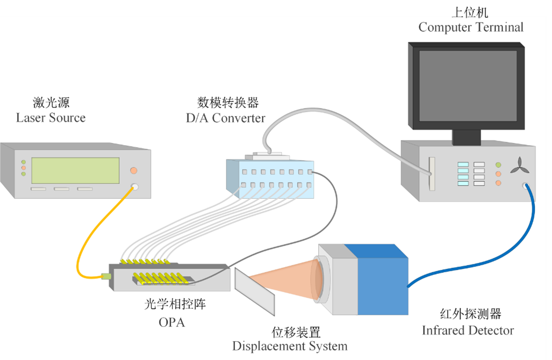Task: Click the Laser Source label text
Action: click(x=51, y=118)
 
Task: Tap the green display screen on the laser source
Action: click(x=75, y=171)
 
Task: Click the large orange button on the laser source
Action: click(x=133, y=170)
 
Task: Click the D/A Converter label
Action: click(x=226, y=118)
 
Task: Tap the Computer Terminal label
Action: click(x=471, y=27)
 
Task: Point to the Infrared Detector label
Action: click(x=468, y=330)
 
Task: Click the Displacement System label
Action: click(x=290, y=346)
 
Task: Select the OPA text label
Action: click(x=171, y=322)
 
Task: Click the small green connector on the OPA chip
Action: click(x=106, y=277)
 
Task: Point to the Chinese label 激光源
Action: click(x=51, y=102)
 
